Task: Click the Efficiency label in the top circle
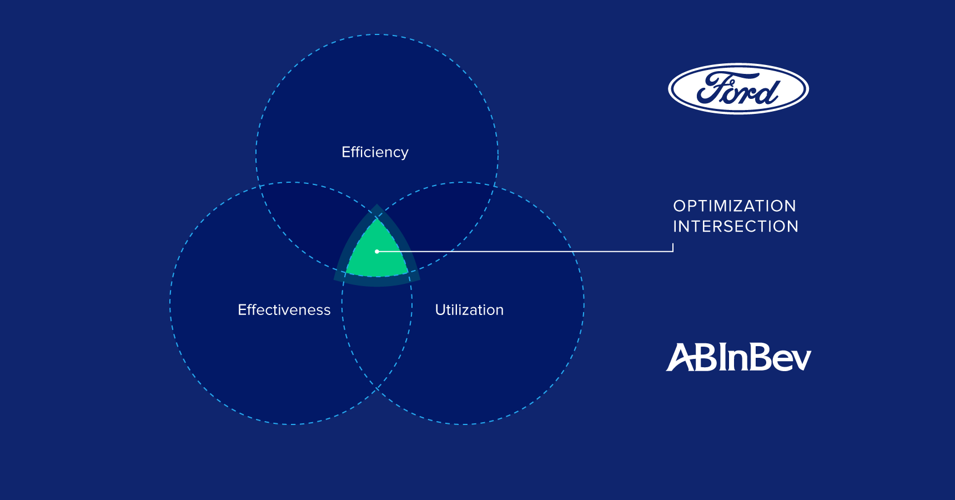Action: pos(375,152)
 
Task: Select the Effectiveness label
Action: pos(284,309)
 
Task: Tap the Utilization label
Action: pos(469,309)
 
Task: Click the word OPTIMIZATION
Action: pos(735,206)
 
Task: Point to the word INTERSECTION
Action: pos(736,227)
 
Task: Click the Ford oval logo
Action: pos(738,89)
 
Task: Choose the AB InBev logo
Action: pos(738,357)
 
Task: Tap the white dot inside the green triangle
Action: pos(377,252)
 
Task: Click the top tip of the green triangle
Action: pos(377,218)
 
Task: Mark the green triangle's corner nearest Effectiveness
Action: pos(346,273)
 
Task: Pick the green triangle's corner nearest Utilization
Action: pos(408,273)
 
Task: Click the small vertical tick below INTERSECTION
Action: pos(673,247)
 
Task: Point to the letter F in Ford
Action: pos(713,87)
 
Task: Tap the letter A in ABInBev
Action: pos(680,357)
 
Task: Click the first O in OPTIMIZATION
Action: pos(680,206)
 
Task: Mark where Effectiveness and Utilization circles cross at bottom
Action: pos(377,389)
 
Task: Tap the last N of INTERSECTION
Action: pos(792,227)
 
